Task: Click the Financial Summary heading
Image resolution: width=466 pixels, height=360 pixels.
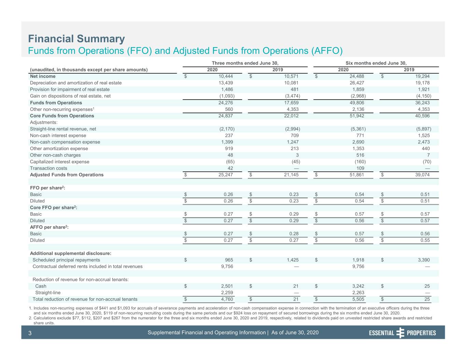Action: click(76, 39)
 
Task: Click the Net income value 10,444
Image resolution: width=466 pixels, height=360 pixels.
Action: click(225, 76)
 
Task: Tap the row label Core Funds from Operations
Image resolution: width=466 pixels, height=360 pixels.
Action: click(62, 116)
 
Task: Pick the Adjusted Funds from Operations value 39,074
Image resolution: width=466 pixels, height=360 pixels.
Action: click(422, 175)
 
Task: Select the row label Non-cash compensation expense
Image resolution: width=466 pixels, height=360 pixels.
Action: click(65, 142)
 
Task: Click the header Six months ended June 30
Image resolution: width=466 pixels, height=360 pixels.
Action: click(376, 63)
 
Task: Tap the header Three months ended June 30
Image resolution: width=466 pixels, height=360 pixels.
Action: click(245, 63)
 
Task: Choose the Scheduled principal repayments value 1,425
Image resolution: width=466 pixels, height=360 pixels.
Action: click(293, 260)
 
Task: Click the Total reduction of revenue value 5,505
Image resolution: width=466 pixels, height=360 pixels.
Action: click(358, 299)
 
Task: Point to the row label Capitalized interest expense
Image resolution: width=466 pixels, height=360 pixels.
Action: click(60, 161)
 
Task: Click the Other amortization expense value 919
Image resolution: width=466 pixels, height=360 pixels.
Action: click(229, 148)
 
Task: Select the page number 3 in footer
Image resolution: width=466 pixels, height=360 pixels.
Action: click(30, 333)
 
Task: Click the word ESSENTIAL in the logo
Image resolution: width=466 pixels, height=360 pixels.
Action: click(382, 333)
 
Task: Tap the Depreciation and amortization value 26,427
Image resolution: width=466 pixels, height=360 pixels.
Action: click(357, 83)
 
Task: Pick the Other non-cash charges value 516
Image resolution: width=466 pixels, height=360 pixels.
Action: click(360, 155)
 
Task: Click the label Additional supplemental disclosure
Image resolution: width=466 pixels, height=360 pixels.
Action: click(71, 253)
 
